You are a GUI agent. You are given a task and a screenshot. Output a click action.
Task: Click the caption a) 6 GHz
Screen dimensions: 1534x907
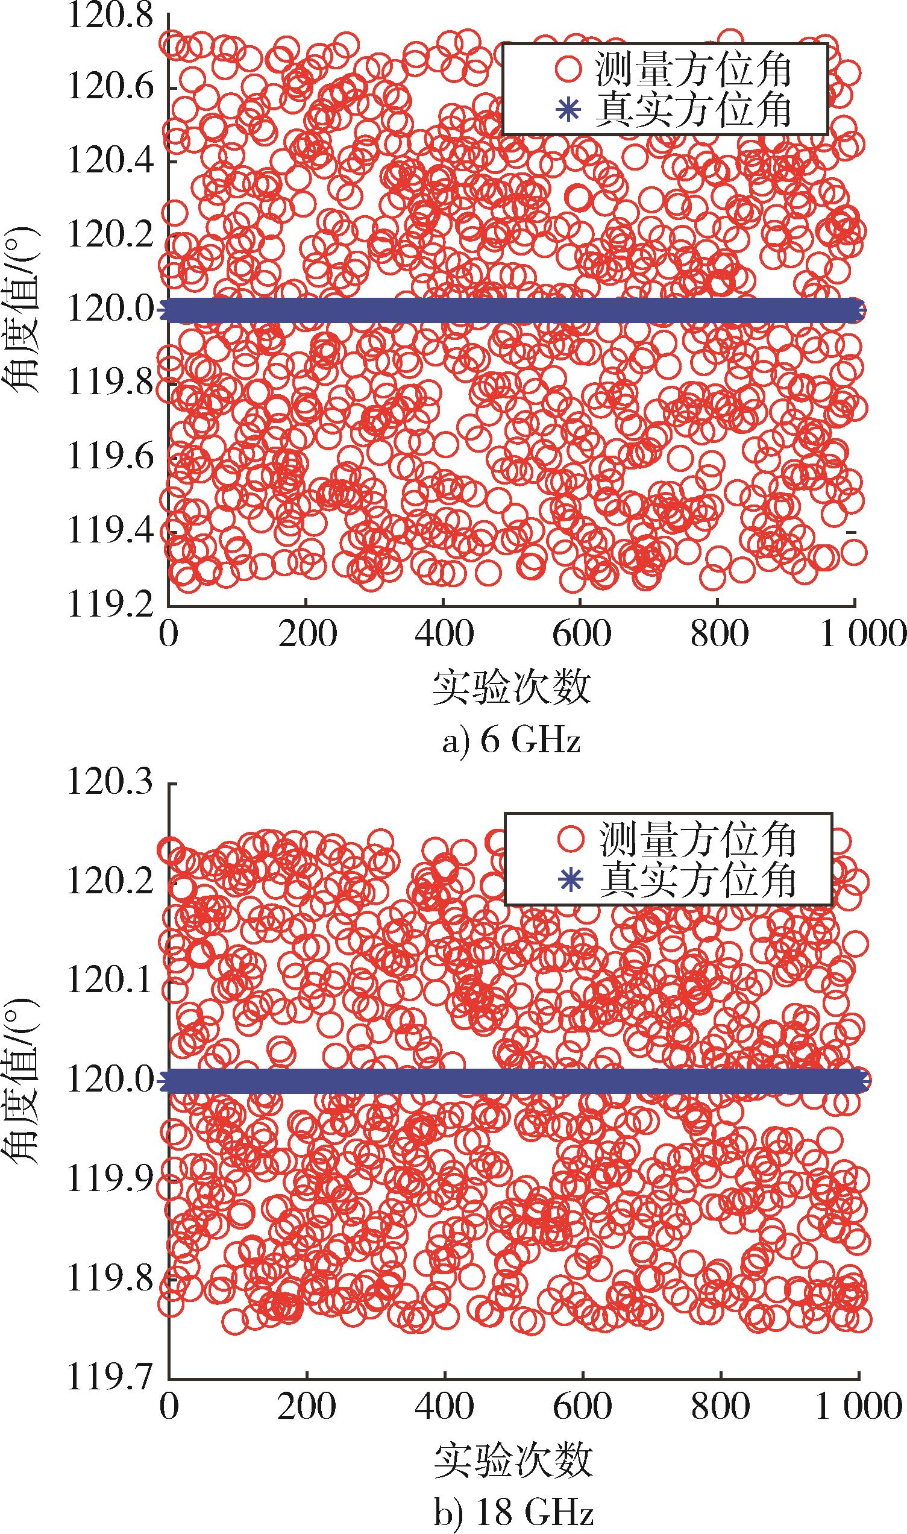point(511,741)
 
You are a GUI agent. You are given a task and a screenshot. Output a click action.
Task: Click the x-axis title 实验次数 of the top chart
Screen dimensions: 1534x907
point(512,688)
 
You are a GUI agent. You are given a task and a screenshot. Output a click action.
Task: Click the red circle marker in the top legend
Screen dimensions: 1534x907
point(569,70)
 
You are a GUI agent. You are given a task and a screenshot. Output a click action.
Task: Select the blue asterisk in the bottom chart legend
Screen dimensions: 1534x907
point(570,881)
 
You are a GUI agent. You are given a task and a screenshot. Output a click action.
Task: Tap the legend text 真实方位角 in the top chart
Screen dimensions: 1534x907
point(694,110)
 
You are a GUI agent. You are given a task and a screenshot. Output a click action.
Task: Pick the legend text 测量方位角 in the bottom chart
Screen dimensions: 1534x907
point(697,840)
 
